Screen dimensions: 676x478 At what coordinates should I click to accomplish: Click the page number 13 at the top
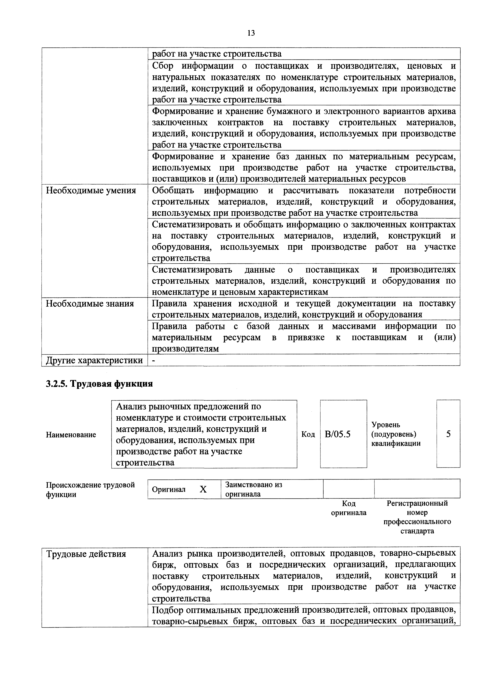click(251, 33)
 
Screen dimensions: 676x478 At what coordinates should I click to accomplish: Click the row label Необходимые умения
click(91, 191)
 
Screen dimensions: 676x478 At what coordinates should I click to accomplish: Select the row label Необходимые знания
click(90, 304)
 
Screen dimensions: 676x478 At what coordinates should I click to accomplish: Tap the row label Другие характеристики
click(94, 360)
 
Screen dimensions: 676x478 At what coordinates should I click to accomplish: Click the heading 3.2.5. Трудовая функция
click(99, 384)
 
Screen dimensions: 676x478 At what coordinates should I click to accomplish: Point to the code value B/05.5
click(337, 434)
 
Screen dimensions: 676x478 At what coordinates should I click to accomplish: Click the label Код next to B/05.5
click(308, 435)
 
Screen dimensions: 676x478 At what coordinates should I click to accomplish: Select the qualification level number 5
click(448, 434)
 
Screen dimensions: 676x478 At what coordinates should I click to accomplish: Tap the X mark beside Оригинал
click(203, 489)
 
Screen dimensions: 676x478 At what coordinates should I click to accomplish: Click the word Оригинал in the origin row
click(169, 489)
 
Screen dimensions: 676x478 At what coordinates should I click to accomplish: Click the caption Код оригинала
click(349, 508)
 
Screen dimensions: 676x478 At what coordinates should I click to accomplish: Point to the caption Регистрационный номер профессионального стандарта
click(417, 517)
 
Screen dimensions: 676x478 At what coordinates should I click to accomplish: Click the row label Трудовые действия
click(86, 554)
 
